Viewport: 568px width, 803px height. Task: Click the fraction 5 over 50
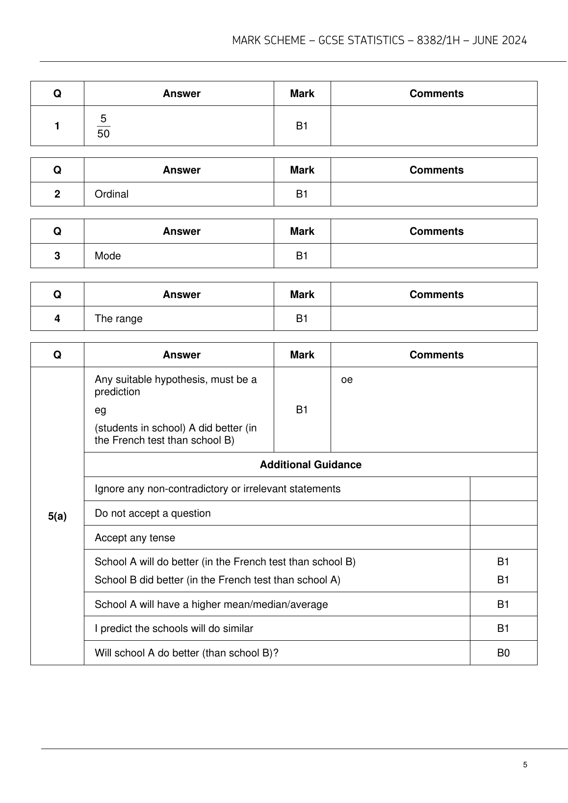[103, 126]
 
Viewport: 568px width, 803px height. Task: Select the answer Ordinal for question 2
[111, 194]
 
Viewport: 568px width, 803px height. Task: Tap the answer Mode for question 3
[107, 256]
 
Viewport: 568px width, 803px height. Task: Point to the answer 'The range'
[118, 319]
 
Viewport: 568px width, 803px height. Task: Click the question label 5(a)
[57, 516]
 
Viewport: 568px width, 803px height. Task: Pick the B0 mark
[503, 653]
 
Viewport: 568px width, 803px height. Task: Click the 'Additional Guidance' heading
[310, 465]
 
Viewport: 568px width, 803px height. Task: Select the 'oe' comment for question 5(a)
[347, 380]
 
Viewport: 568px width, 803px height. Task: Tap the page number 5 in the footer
[525, 765]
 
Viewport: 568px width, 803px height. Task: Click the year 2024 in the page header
[513, 41]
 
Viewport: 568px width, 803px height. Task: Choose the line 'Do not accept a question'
[153, 513]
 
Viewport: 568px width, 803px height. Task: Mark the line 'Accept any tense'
[135, 538]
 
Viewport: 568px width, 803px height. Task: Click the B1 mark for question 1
[302, 126]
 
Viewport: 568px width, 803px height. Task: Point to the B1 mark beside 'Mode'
[302, 256]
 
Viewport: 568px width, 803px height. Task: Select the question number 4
[57, 319]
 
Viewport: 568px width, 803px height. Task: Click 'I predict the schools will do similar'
[174, 628]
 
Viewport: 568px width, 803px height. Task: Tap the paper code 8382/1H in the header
[439, 41]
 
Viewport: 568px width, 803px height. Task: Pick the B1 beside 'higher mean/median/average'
[503, 604]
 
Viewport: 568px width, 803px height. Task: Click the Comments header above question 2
[436, 170]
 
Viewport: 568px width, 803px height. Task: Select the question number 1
[57, 126]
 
